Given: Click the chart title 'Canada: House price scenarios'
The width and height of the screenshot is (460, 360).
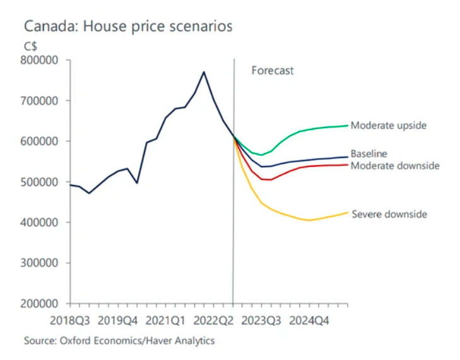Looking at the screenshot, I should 128,27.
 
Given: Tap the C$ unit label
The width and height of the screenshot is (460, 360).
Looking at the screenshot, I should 32,45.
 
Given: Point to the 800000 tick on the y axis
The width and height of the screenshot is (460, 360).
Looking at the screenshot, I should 40,60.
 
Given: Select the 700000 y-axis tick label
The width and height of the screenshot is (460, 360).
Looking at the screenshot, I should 40,100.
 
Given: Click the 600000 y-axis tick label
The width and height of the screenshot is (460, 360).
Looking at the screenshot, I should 40,141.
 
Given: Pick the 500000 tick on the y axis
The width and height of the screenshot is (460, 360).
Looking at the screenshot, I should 40,182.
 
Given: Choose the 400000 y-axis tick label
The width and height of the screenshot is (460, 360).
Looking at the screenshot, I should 40,222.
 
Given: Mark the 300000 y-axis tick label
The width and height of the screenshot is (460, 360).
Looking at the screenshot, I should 40,263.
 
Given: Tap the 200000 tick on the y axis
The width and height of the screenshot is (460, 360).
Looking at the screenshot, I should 40,303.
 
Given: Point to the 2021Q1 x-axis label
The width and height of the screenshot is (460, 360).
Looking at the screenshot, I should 166,320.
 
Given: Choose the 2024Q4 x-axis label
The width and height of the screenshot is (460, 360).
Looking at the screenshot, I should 309,320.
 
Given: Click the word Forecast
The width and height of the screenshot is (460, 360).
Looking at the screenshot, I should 273,71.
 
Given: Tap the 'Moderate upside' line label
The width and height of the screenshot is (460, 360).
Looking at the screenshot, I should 389,126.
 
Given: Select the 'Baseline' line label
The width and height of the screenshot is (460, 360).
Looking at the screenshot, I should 369,153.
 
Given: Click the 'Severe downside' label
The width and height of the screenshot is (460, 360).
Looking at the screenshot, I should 389,214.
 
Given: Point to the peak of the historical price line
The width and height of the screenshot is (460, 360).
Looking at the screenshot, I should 203,72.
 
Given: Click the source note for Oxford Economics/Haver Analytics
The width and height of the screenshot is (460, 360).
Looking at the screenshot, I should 119,341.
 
